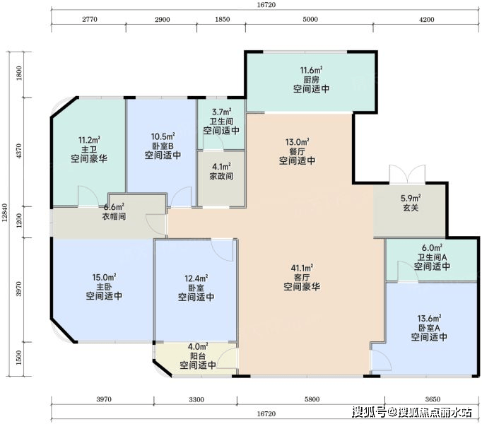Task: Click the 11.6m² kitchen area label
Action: [311, 70]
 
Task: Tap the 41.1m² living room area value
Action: [302, 268]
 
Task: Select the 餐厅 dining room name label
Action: [297, 152]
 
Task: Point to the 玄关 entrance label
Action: [411, 208]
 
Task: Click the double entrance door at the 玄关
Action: [407, 175]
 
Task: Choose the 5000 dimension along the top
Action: [310, 19]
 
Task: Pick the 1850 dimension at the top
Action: [222, 19]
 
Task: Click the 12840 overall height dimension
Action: [4, 213]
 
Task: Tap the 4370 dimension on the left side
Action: [19, 151]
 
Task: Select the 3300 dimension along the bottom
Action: [196, 399]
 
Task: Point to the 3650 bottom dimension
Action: [433, 399]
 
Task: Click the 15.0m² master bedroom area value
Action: [104, 277]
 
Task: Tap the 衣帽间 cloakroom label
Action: [114, 216]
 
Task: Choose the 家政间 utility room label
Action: [221, 177]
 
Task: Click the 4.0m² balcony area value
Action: [199, 346]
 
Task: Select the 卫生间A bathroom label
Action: [432, 257]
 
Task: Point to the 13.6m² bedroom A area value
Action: [429, 318]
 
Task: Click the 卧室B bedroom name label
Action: [163, 146]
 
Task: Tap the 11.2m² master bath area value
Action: [89, 140]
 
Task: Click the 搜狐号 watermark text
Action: [369, 412]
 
